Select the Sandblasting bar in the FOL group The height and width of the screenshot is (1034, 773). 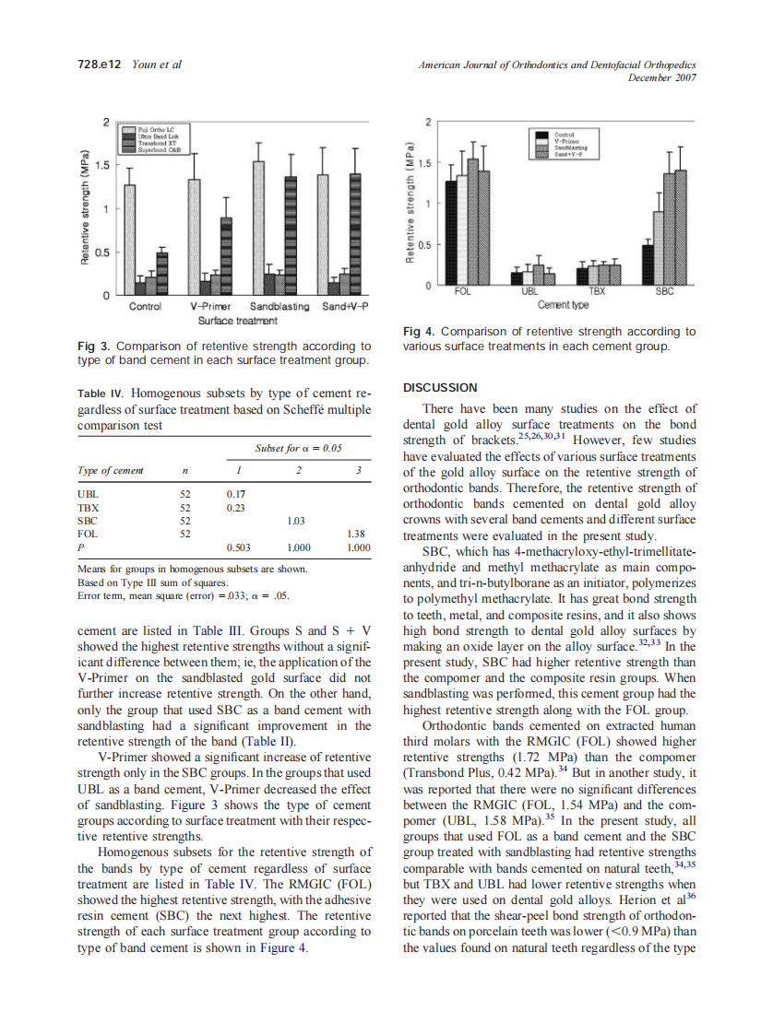473,222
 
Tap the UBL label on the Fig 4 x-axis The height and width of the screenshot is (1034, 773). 529,291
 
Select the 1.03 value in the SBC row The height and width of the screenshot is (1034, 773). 297,521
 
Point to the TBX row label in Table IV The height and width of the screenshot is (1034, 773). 89,507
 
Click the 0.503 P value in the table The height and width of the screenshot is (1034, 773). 238,546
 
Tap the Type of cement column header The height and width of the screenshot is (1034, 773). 111,470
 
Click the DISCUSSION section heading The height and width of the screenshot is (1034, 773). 440,387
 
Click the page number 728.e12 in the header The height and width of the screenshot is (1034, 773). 98,65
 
